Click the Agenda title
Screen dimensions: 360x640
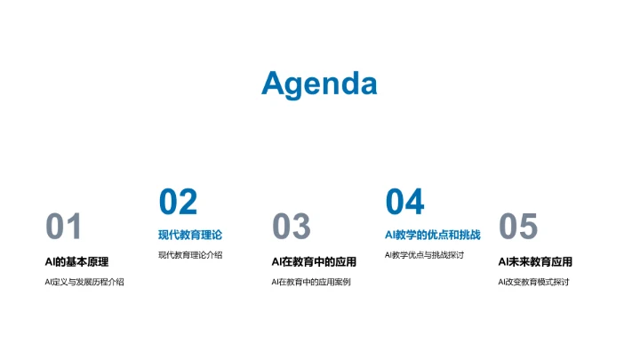(319, 84)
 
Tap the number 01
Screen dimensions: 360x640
(64, 228)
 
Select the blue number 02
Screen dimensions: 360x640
(178, 202)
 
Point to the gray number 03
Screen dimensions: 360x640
(291, 228)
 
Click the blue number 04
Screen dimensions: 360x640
(404, 202)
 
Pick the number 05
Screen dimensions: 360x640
(518, 228)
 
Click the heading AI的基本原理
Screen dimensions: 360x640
(76, 261)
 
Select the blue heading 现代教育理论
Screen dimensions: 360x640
(190, 236)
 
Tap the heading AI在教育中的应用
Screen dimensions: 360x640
(314, 261)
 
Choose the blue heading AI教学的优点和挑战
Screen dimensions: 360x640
(433, 236)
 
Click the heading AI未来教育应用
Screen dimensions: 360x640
(535, 261)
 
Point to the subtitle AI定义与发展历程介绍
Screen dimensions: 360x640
(84, 282)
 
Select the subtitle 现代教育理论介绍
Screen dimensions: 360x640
(190, 255)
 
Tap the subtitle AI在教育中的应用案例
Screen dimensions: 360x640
(311, 282)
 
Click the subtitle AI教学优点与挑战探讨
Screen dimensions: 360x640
(425, 255)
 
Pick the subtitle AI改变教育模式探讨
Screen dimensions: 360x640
(533, 282)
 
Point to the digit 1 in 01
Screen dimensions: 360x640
(75, 228)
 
